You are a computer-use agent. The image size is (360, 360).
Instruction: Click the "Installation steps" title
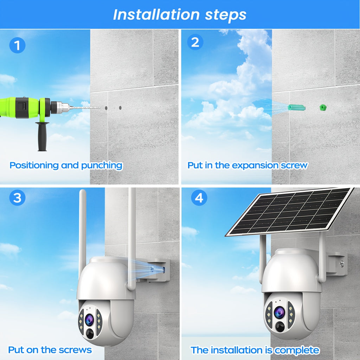(180, 14)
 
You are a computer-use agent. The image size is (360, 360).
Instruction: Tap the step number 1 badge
(17, 45)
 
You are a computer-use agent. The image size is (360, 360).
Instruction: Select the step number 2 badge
(195, 43)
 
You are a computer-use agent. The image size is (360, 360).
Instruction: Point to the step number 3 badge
(17, 198)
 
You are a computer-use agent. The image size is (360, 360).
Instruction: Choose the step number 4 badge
(199, 198)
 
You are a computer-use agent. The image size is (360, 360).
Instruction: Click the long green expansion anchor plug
(296, 107)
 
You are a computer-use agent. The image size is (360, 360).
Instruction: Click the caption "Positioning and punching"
(66, 165)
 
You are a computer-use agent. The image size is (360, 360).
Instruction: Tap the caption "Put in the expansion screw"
(247, 165)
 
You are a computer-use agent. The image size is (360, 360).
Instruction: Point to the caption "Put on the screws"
(50, 350)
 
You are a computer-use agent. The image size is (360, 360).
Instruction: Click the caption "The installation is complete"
(255, 350)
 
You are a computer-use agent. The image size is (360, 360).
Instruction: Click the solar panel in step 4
(290, 211)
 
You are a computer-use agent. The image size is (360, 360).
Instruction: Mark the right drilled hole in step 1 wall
(120, 108)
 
